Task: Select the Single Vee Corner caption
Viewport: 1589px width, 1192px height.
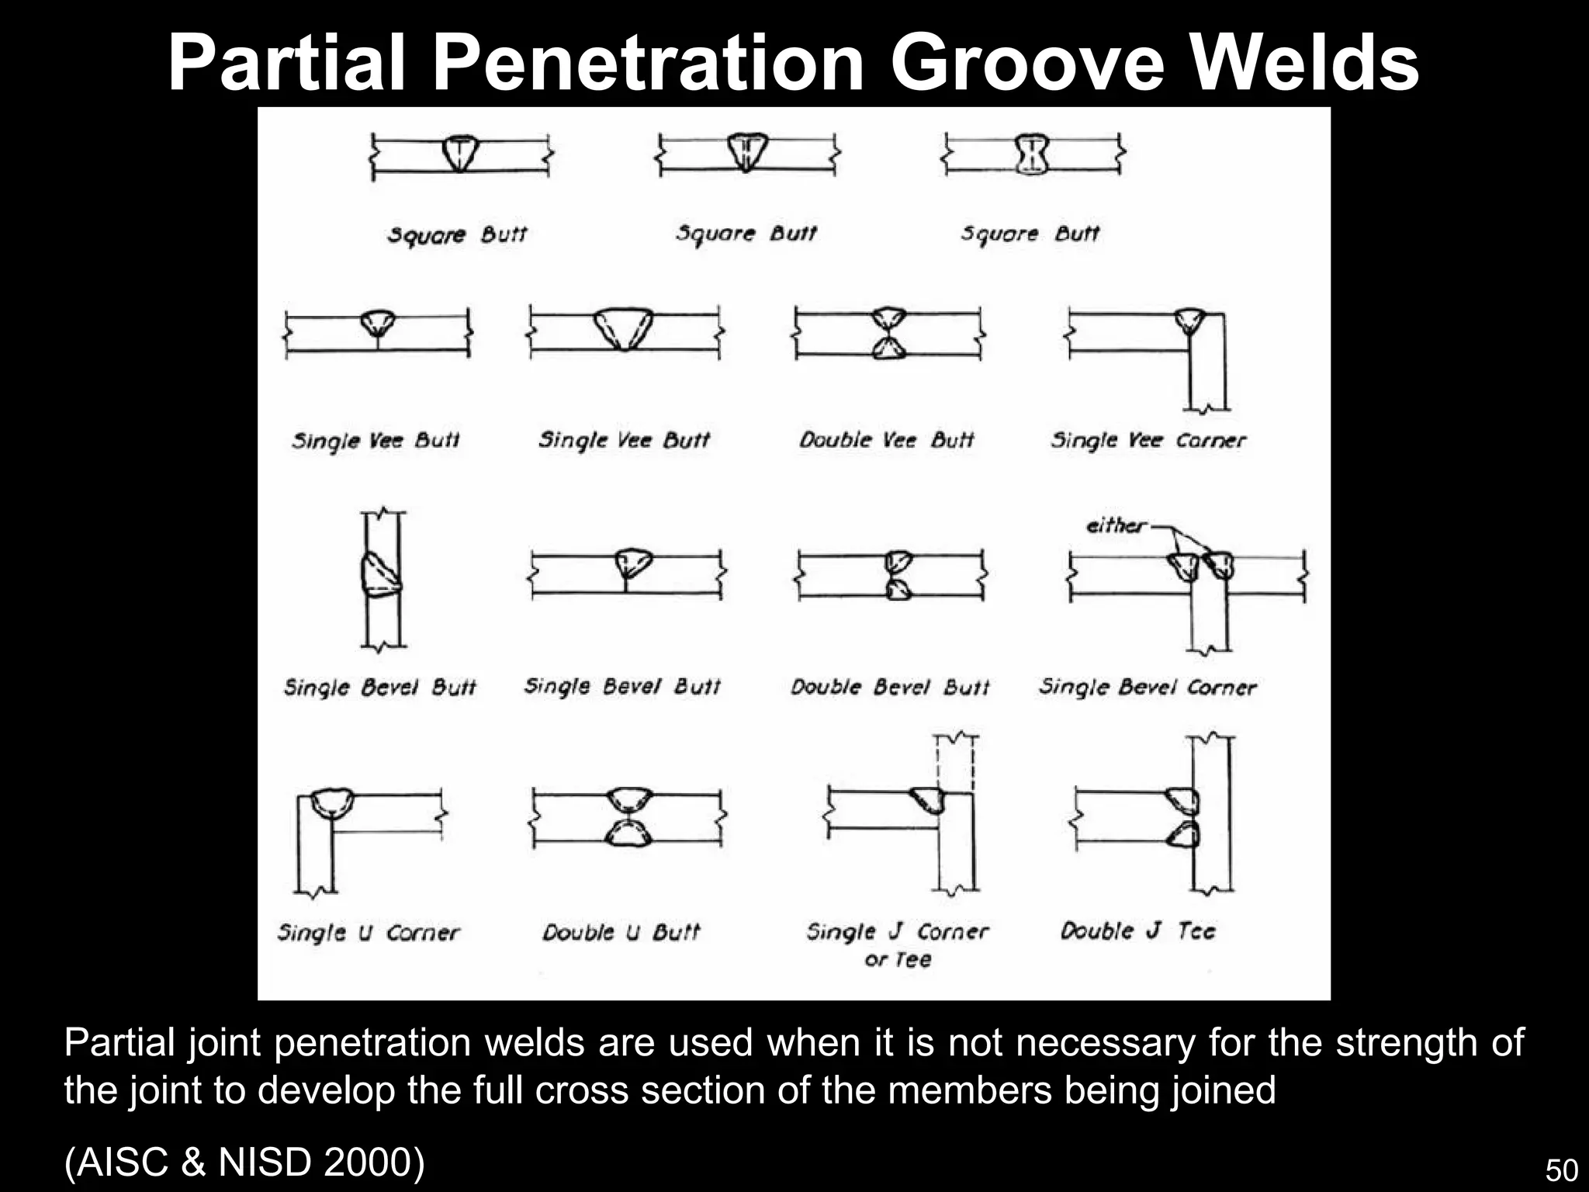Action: (1148, 441)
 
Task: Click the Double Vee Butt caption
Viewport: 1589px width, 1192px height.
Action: (886, 441)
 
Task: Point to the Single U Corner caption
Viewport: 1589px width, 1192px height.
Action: (369, 932)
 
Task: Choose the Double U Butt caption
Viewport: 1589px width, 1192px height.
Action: (621, 932)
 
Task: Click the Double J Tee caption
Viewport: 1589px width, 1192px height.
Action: (1137, 930)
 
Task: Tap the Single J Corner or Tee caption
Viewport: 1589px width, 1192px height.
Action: (898, 944)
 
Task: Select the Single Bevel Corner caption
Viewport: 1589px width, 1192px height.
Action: (1148, 687)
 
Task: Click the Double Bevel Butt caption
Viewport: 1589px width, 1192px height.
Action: (890, 687)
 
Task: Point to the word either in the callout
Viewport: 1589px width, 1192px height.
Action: (1115, 526)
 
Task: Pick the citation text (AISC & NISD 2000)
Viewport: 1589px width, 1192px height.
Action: (244, 1162)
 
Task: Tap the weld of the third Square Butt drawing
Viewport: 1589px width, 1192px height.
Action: (1032, 157)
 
